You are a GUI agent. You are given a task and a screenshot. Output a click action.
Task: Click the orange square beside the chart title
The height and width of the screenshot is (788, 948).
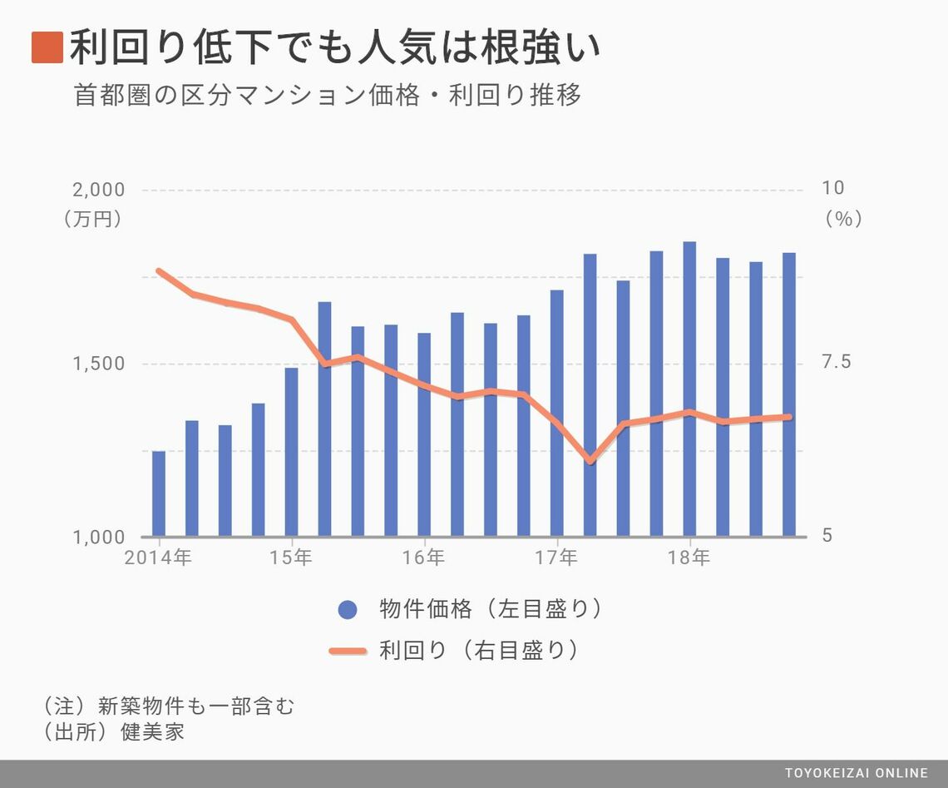[47, 47]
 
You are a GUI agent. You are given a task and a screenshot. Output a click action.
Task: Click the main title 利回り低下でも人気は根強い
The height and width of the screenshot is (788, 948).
[334, 47]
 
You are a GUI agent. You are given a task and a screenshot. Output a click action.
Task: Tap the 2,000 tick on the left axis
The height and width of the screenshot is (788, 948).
[99, 190]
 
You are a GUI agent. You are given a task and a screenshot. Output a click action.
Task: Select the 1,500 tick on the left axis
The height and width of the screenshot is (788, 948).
[99, 364]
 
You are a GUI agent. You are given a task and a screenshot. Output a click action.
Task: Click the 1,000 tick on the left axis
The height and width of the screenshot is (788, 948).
[99, 538]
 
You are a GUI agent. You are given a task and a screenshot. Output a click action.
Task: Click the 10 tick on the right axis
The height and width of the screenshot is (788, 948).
[832, 188]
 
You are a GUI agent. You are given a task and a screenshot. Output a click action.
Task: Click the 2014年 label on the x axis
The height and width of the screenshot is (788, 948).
[158, 558]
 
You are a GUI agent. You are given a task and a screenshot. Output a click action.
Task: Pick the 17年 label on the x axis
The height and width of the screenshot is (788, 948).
[556, 558]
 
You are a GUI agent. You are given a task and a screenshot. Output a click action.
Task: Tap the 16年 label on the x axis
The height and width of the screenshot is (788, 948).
[423, 558]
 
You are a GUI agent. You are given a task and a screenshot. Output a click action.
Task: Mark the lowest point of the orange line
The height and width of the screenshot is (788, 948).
[590, 460]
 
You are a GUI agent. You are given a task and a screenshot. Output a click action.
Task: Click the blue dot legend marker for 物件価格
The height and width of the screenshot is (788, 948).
[348, 610]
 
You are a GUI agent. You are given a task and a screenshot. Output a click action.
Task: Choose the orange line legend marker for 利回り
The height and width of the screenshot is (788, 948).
[348, 651]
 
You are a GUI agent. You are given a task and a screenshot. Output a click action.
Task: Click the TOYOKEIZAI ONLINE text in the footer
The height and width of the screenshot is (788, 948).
[856, 774]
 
